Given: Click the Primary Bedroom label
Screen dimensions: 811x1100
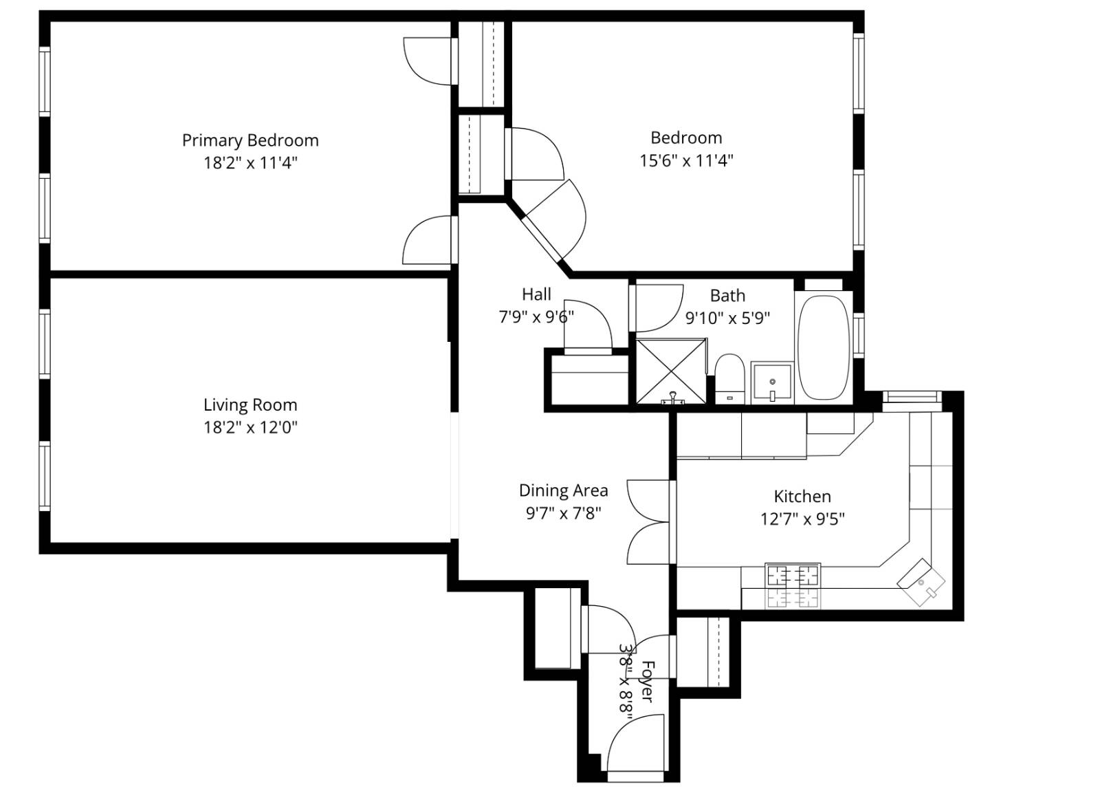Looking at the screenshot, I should [x=250, y=140].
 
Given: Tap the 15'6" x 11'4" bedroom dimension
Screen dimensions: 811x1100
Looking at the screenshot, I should [x=686, y=161].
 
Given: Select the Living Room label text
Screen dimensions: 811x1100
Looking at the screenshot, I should [x=250, y=404].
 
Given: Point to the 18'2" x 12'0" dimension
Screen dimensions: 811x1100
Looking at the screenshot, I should [x=250, y=428].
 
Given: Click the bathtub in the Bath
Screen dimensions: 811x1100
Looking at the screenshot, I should [x=823, y=347].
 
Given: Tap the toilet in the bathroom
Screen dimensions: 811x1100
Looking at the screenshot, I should [x=729, y=377].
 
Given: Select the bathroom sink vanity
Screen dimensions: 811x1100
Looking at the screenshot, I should [x=771, y=382].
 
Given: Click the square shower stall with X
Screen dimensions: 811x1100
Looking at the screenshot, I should [x=670, y=371].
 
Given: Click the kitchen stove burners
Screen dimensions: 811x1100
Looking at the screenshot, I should [x=793, y=585].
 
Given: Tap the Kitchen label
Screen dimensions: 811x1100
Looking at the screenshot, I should [x=802, y=496].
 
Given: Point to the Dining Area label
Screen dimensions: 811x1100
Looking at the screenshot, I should [x=563, y=490].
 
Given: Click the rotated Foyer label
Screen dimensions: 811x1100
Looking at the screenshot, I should [x=647, y=681].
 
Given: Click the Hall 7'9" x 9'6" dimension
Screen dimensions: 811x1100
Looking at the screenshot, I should [x=536, y=317].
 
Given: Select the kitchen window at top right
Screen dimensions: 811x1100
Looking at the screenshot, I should [x=911, y=397].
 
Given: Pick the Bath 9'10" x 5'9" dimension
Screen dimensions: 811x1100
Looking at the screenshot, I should [x=727, y=318].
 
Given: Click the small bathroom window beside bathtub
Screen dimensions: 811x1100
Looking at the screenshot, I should [x=858, y=334].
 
